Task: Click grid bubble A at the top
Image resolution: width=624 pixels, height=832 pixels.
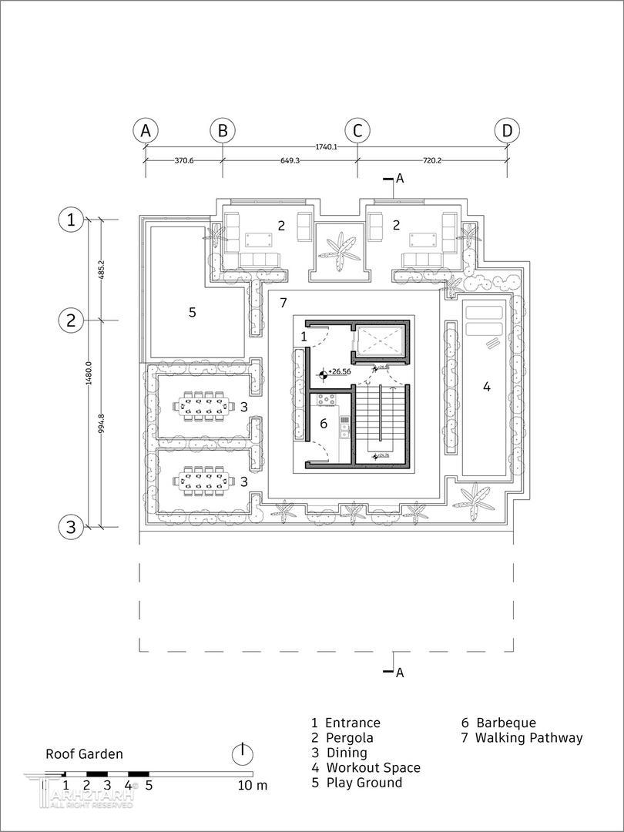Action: pos(145,131)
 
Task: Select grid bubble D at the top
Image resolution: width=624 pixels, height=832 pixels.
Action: pos(507,131)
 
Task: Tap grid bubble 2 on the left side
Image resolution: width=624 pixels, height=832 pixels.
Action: pos(71,320)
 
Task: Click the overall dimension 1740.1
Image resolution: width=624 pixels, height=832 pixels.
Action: pos(326,146)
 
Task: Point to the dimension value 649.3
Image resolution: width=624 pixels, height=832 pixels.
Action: pos(290,161)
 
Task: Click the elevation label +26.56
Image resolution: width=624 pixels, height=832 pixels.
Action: pos(339,371)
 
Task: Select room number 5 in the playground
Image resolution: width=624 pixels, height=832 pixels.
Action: pos(193,312)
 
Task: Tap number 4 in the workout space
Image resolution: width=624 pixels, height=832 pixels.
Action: pos(486,386)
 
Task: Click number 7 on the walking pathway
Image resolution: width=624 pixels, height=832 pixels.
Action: pos(283,303)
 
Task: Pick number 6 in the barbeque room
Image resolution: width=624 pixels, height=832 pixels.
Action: pos(324,423)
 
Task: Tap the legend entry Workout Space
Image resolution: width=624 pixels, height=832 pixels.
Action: pos(373,767)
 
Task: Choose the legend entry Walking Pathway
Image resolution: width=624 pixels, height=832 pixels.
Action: pos(528,738)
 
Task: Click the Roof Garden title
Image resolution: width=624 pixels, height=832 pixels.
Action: pos(84,754)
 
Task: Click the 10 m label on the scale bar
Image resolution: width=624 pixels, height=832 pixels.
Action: pos(252,786)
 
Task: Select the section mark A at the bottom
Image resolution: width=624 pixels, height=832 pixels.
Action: pos(399,673)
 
